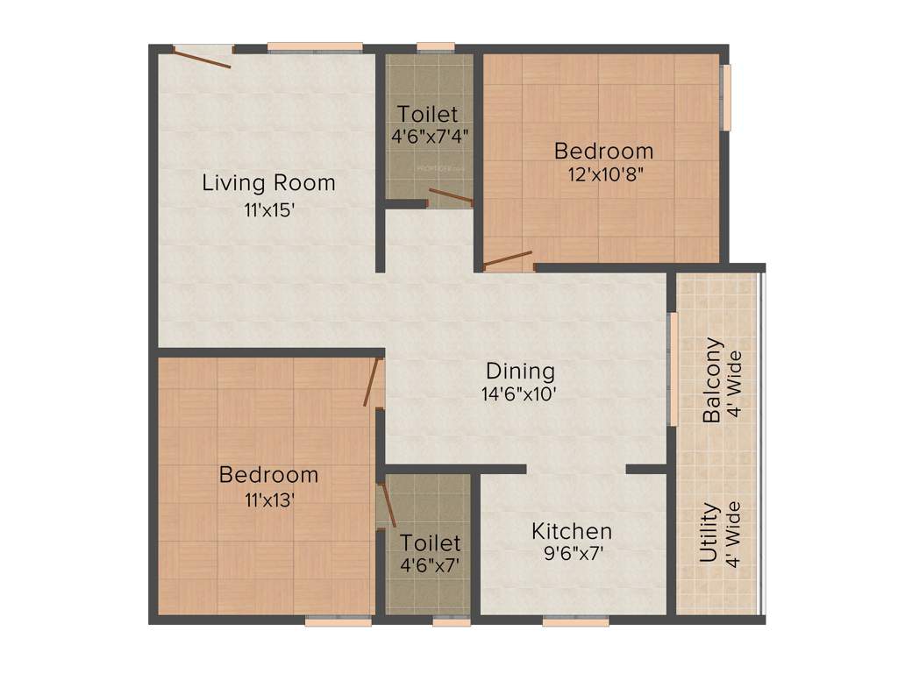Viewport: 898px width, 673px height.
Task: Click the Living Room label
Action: pos(268,183)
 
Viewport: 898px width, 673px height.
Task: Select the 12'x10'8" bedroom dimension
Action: pos(604,174)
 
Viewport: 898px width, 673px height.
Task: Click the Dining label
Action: pos(521,371)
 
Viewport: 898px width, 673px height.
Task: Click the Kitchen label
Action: pos(572,531)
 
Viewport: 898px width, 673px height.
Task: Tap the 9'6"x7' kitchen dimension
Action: pos(572,554)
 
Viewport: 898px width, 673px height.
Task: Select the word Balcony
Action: pos(715,380)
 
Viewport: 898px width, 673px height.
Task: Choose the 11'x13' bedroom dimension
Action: pos(268,499)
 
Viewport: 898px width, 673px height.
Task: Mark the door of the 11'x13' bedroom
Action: pos(373,382)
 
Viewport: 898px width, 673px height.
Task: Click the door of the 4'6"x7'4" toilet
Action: pos(451,196)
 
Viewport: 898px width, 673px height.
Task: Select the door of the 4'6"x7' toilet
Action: pos(386,504)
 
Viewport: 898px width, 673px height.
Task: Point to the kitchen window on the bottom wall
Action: pos(575,620)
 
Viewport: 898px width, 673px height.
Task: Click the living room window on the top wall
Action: pos(315,46)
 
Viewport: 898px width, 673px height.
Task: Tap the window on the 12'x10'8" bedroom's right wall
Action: pos(725,97)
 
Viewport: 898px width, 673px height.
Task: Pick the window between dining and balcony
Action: pos(673,368)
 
